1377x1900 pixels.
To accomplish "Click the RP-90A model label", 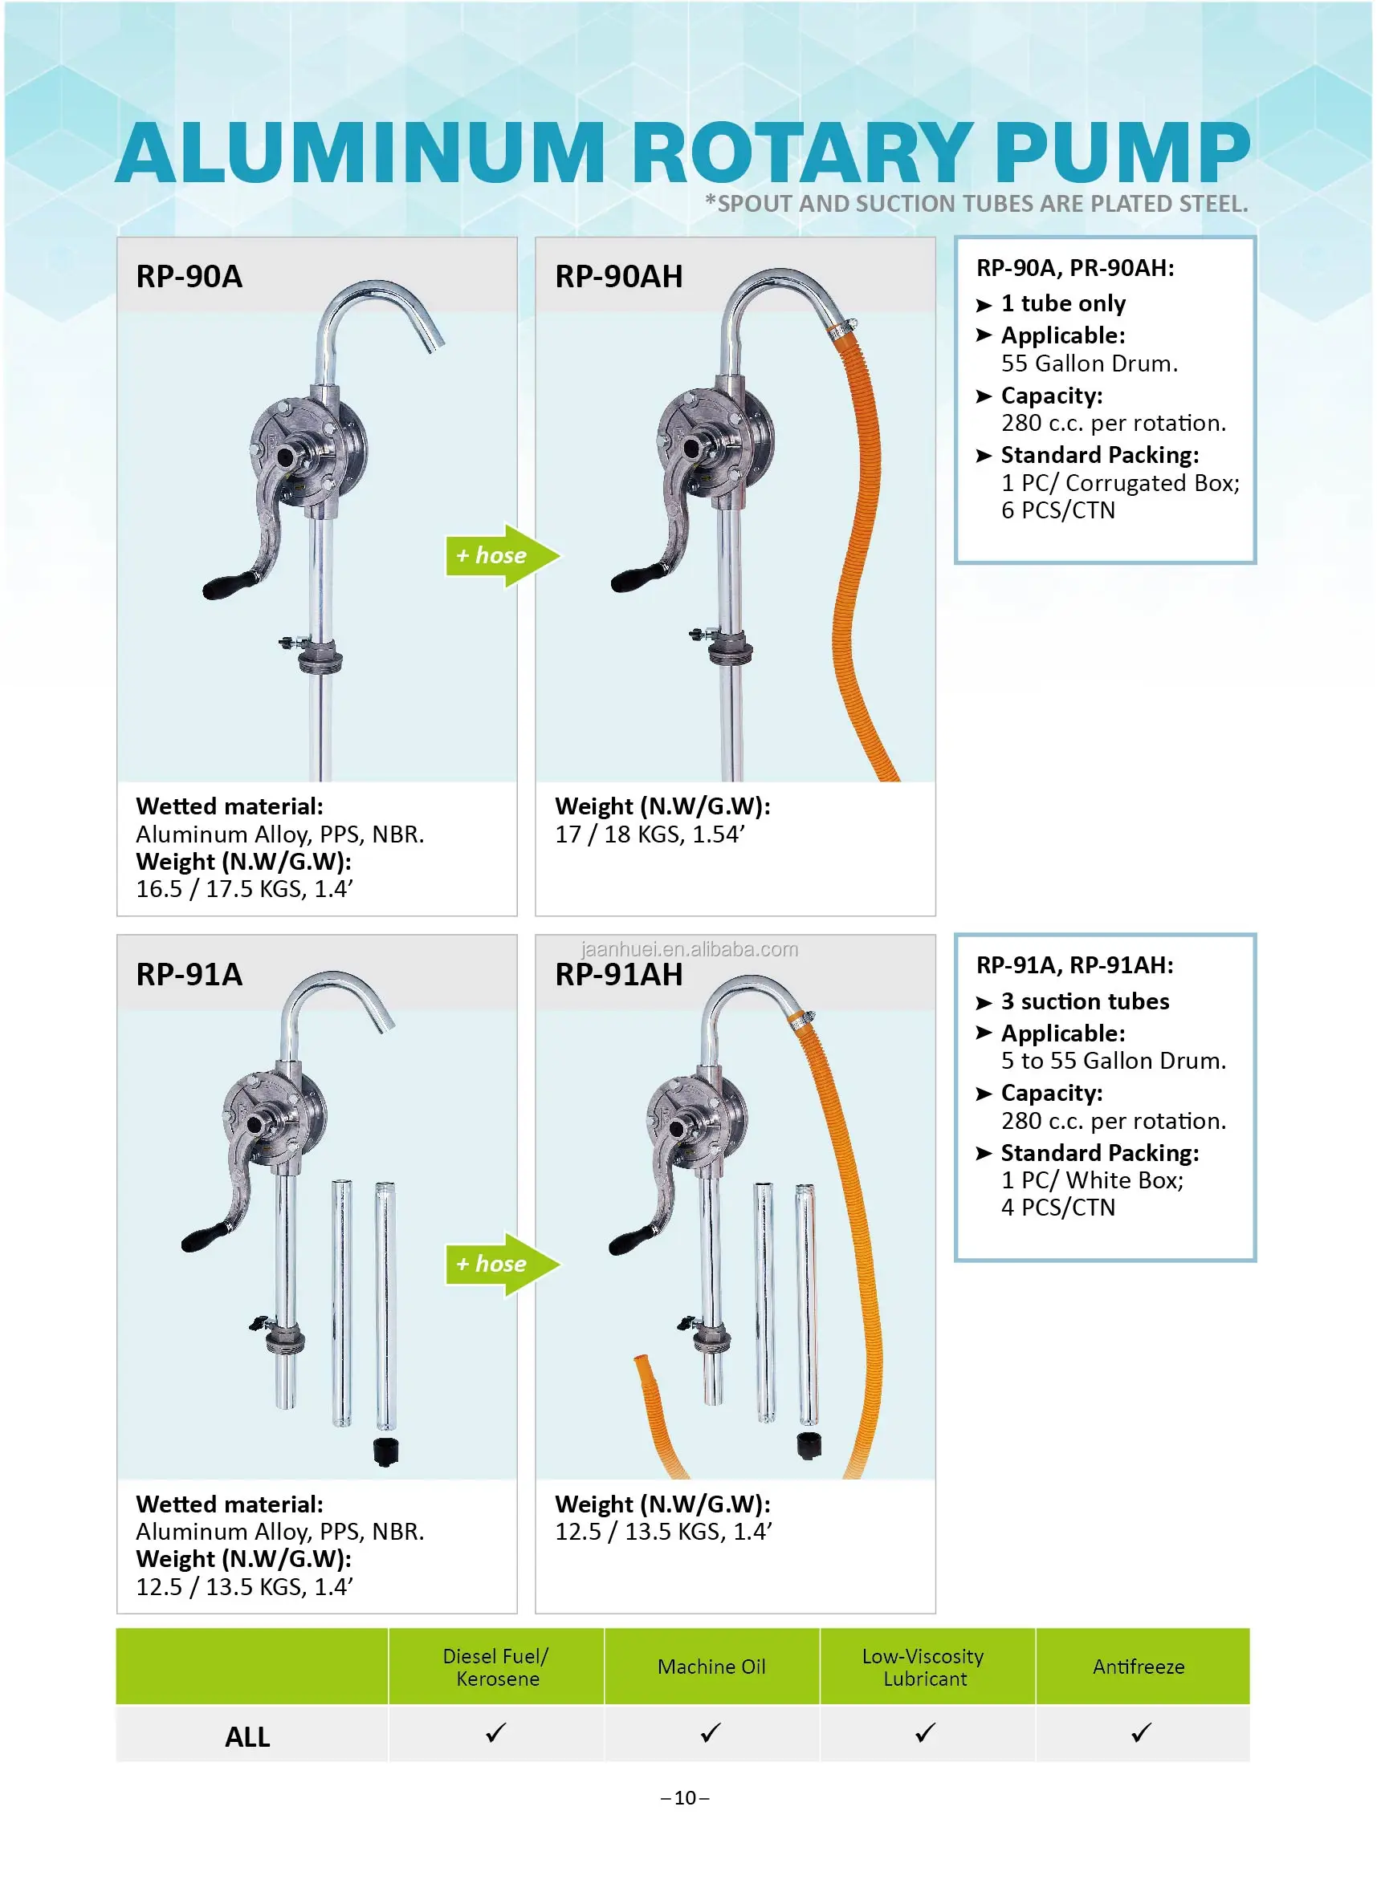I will click(x=189, y=277).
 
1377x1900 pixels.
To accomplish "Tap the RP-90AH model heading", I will click(x=618, y=277).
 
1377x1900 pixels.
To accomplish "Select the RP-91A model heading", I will click(x=189, y=974).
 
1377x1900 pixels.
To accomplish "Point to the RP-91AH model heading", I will click(x=618, y=975).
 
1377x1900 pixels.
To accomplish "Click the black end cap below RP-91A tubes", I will click(x=385, y=1451).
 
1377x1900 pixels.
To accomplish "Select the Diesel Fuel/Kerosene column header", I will click(x=496, y=1667).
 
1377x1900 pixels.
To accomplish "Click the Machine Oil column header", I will click(x=711, y=1667).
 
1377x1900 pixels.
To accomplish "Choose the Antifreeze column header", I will click(x=1139, y=1667).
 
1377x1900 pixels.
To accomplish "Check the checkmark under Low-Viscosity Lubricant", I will click(x=925, y=1732).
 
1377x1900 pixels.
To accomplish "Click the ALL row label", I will click(x=247, y=1737).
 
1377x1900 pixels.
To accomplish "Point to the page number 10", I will click(x=685, y=1798).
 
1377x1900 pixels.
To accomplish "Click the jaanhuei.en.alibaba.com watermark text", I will click(x=689, y=949).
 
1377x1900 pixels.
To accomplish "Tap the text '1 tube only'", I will click(x=1063, y=303).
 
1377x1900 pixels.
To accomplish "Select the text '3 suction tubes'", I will click(x=1085, y=1001).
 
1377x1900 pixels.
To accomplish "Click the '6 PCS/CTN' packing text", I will click(x=1057, y=510).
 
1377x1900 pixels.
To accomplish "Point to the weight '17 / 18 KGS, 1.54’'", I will click(x=650, y=834).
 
